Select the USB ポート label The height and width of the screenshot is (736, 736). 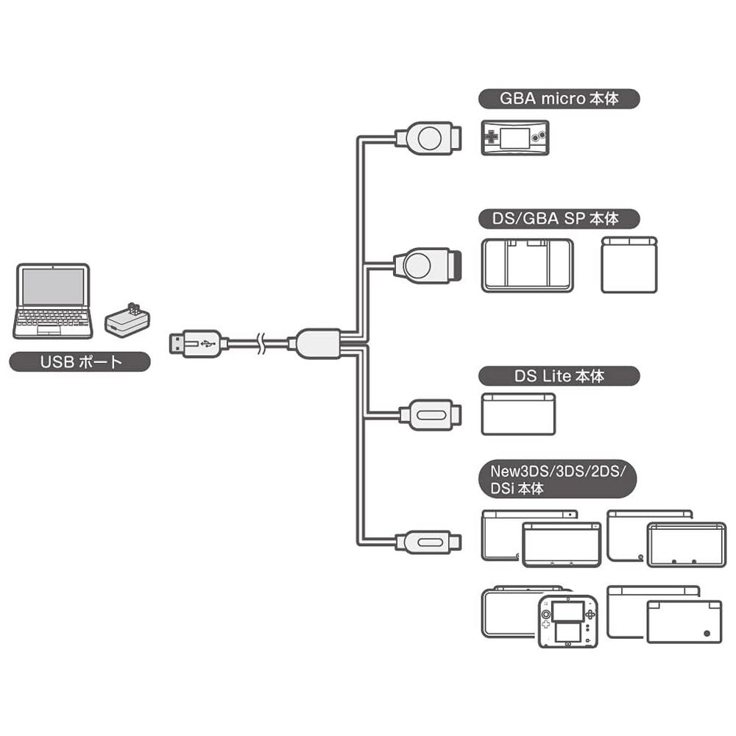(79, 362)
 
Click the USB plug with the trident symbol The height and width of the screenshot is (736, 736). (195, 344)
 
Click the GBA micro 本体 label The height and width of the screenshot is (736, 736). (558, 99)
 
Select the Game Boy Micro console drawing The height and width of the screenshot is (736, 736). (514, 138)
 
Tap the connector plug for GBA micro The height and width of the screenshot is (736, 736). (427, 138)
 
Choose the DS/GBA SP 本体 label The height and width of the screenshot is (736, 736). (558, 219)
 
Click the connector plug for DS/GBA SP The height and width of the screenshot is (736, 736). (427, 265)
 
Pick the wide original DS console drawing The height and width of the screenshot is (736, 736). (527, 265)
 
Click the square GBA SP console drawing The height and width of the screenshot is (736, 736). (629, 265)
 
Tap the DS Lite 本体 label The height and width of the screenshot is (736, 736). (558, 376)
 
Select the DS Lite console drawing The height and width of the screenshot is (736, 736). (518, 414)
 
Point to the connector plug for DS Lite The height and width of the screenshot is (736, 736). (430, 415)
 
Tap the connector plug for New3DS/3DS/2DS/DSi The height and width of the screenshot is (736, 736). (428, 542)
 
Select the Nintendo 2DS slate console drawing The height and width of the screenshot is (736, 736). (567, 620)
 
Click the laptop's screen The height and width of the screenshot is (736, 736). (53, 287)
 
